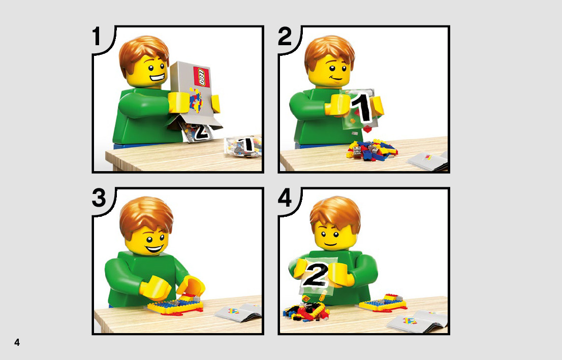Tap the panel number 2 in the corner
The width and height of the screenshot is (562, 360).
[285, 37]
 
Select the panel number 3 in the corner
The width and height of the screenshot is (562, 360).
[99, 198]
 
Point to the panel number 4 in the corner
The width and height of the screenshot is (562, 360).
[285, 198]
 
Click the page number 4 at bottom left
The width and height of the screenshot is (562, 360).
[17, 342]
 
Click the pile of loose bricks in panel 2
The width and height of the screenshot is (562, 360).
[371, 149]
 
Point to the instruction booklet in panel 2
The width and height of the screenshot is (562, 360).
[428, 160]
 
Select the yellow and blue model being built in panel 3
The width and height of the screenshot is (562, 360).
[174, 305]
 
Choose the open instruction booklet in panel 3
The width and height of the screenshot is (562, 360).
[238, 311]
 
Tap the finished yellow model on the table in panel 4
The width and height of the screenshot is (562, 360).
[383, 303]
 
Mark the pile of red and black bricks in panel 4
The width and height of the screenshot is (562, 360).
[306, 311]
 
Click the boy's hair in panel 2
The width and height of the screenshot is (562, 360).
[330, 51]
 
